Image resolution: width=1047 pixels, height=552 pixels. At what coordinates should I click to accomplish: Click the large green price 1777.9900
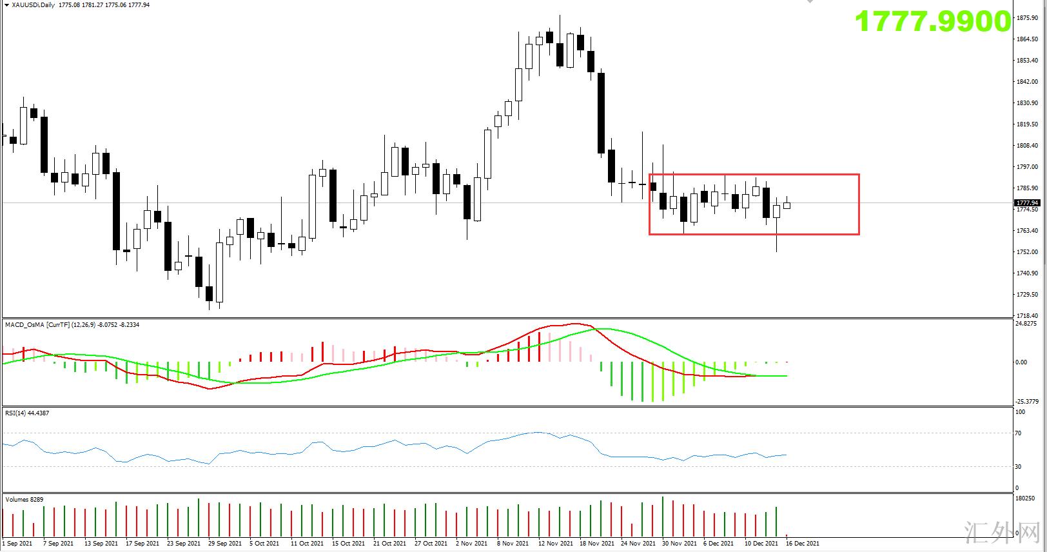[x=932, y=22]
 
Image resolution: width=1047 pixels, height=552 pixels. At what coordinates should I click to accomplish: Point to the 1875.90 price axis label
[x=1026, y=18]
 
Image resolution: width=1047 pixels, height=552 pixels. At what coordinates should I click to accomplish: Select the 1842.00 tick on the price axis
[x=1026, y=82]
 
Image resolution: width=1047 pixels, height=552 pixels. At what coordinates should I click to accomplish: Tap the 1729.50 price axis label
[x=1026, y=295]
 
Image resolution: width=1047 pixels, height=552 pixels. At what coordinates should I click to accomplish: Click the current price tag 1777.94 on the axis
[x=1026, y=203]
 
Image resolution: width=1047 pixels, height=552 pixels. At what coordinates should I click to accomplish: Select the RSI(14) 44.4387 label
[x=27, y=413]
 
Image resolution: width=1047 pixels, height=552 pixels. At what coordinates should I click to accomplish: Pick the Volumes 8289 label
[x=25, y=499]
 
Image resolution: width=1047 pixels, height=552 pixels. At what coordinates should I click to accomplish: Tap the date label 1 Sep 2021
[x=17, y=544]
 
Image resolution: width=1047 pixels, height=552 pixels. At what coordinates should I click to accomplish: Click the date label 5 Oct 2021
[x=264, y=544]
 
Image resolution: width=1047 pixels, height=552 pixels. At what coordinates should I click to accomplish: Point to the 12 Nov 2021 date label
[x=555, y=544]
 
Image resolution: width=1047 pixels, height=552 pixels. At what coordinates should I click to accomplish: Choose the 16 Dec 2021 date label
[x=802, y=544]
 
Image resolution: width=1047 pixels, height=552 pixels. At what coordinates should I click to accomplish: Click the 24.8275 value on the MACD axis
[x=1025, y=324]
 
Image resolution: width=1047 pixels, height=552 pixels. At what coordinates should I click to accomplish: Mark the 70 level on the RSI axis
[x=1018, y=433]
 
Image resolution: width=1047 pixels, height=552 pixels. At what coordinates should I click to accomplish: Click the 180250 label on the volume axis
[x=1025, y=498]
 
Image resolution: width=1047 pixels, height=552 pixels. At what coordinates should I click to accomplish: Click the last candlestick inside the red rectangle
[x=787, y=205]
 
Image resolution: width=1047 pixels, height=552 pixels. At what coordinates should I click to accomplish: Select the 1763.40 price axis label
[x=1026, y=231]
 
